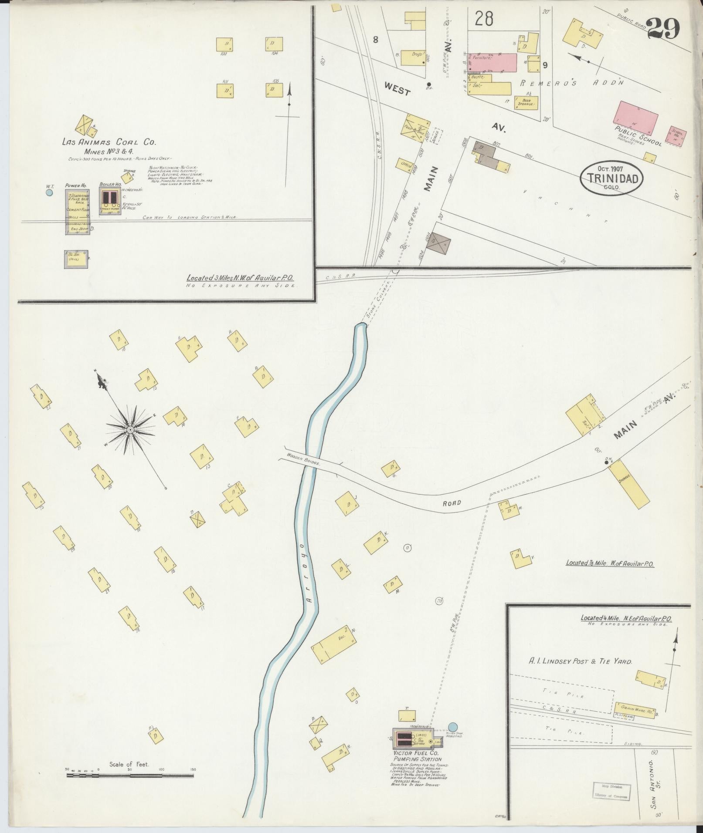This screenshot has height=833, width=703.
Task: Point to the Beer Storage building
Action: coord(526,103)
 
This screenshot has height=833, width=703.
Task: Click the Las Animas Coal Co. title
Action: coord(109,142)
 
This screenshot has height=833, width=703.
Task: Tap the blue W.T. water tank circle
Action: coord(49,192)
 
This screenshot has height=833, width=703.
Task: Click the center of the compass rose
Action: coord(130,430)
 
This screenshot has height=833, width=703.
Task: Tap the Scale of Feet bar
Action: coord(131,470)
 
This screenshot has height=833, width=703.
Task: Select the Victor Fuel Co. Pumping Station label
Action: coord(415,450)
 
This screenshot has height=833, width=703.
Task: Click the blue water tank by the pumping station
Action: coord(453,422)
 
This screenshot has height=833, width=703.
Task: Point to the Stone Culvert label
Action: coord(376,309)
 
